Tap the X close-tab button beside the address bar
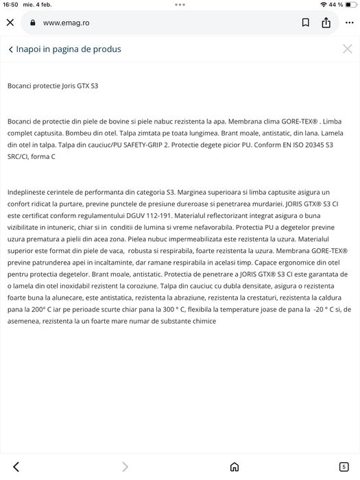tap(10, 23)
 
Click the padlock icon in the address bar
tap(32, 23)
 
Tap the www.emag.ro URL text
tap(66, 23)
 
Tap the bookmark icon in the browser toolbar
tap(306, 23)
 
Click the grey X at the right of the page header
tap(348, 49)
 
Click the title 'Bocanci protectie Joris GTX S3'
tap(53, 86)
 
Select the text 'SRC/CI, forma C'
tap(32, 157)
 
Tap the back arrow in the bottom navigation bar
tap(16, 467)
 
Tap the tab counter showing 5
tap(344, 467)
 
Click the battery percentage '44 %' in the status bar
tap(335, 5)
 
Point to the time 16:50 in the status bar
tap(10, 5)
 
